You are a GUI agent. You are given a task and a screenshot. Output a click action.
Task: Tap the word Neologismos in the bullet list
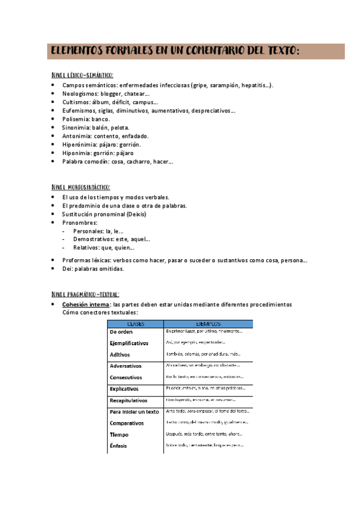coord(81,94)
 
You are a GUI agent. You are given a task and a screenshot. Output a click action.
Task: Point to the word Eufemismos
coord(79,111)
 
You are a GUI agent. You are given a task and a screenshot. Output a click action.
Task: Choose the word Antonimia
coord(78,136)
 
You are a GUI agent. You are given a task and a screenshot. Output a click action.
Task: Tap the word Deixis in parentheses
coord(135,214)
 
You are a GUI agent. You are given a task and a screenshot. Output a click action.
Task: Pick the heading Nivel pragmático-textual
coord(85,294)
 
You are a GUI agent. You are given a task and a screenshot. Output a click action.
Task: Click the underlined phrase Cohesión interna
coord(86,305)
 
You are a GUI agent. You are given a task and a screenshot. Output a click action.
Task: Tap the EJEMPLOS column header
coord(208,324)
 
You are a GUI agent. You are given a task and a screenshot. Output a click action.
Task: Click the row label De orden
coord(121,331)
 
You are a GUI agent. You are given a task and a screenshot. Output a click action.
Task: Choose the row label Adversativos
coord(126,366)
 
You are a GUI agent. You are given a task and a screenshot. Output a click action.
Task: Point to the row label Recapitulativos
coord(129,400)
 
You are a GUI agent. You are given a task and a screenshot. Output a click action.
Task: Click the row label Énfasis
coord(119,446)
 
